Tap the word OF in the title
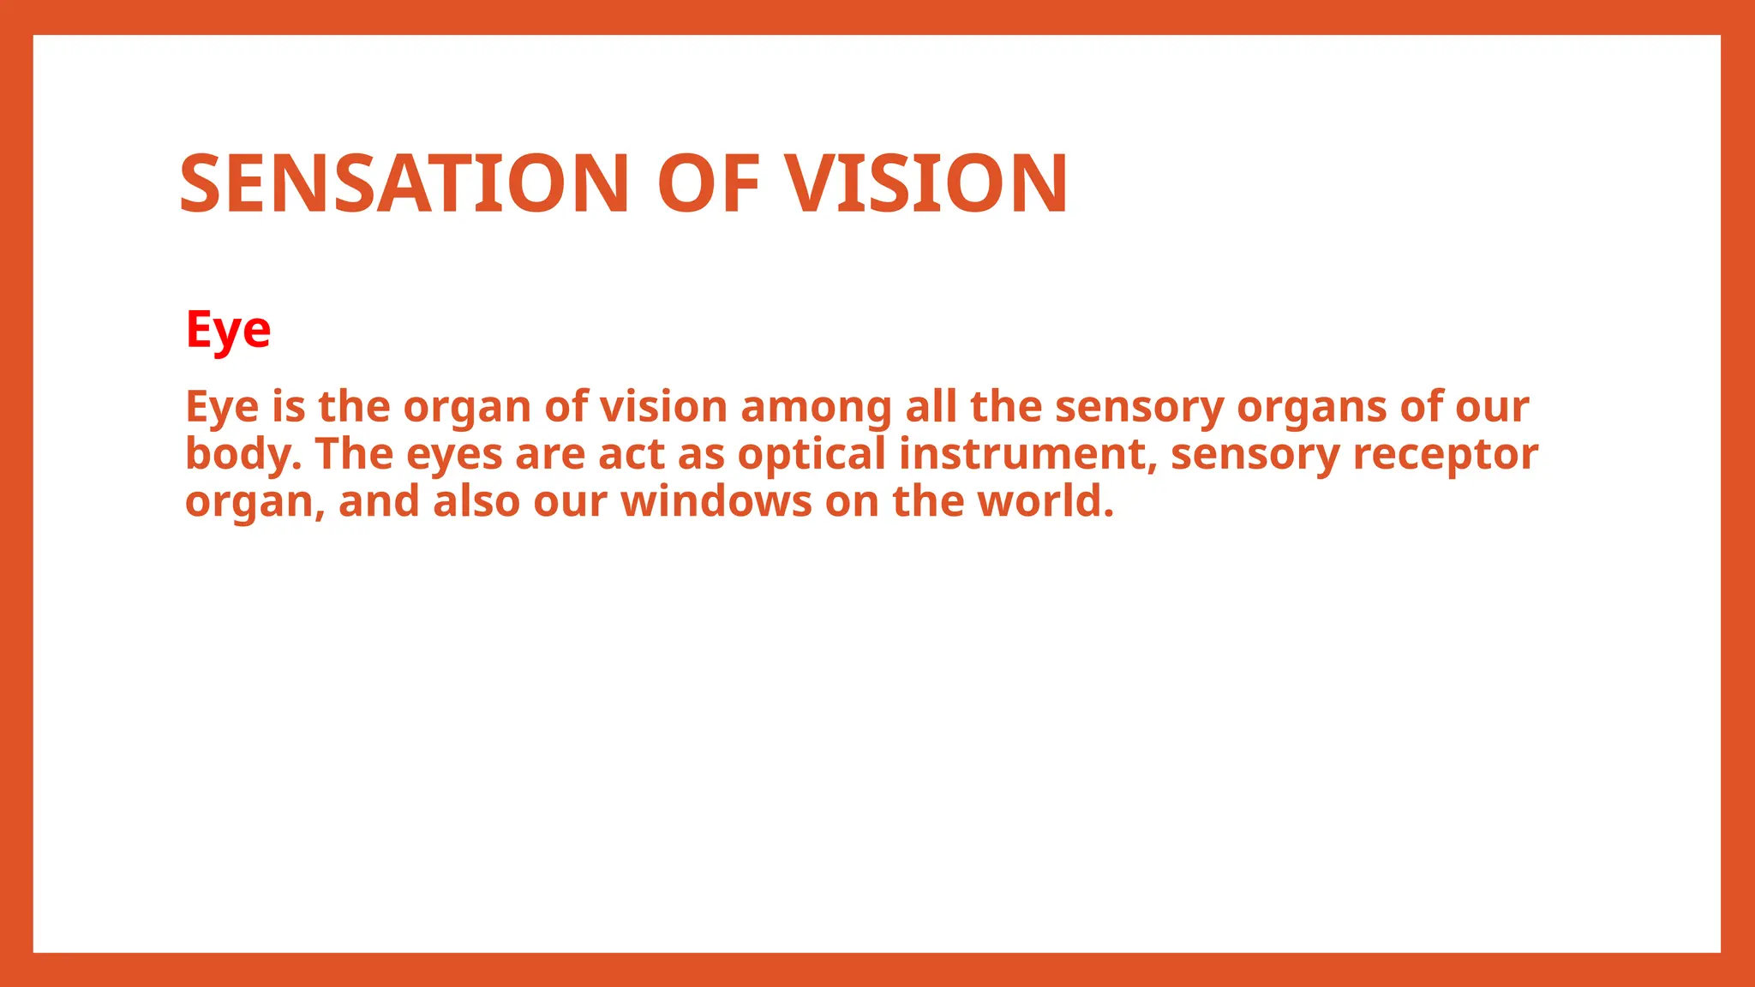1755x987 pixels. point(709,183)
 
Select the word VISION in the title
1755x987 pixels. point(927,183)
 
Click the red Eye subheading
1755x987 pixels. point(228,330)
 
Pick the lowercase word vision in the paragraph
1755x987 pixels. point(663,406)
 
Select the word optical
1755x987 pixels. point(812,454)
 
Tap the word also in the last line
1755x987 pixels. point(476,501)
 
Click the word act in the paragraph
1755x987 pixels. point(631,454)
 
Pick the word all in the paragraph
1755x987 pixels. point(931,406)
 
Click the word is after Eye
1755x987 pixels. point(289,406)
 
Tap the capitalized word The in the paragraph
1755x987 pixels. point(354,454)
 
